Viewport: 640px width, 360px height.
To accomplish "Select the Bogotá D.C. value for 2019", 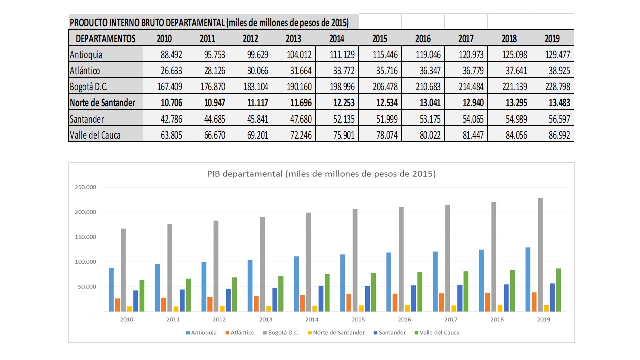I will pyautogui.click(x=552, y=87).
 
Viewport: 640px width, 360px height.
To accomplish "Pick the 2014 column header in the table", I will pyautogui.click(x=337, y=39).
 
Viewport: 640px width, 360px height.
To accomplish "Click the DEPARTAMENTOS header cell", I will pyautogui.click(x=105, y=39).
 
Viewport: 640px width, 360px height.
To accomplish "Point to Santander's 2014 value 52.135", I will pyautogui.click(x=337, y=119).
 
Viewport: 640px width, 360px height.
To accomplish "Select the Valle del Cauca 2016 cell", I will pyautogui.click(x=423, y=135).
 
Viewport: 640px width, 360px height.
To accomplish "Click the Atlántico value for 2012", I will pyautogui.click(x=251, y=71).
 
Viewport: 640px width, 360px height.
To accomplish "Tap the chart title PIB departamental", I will pyautogui.click(x=321, y=174).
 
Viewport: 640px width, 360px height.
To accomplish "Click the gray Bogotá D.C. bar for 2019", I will pyautogui.click(x=540, y=255).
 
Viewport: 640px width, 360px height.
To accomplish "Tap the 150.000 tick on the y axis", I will pyautogui.click(x=85, y=237).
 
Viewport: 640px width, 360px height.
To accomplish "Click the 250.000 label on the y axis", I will pyautogui.click(x=85, y=188).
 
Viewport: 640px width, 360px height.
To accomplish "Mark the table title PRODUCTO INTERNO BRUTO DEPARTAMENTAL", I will pyautogui.click(x=209, y=23).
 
